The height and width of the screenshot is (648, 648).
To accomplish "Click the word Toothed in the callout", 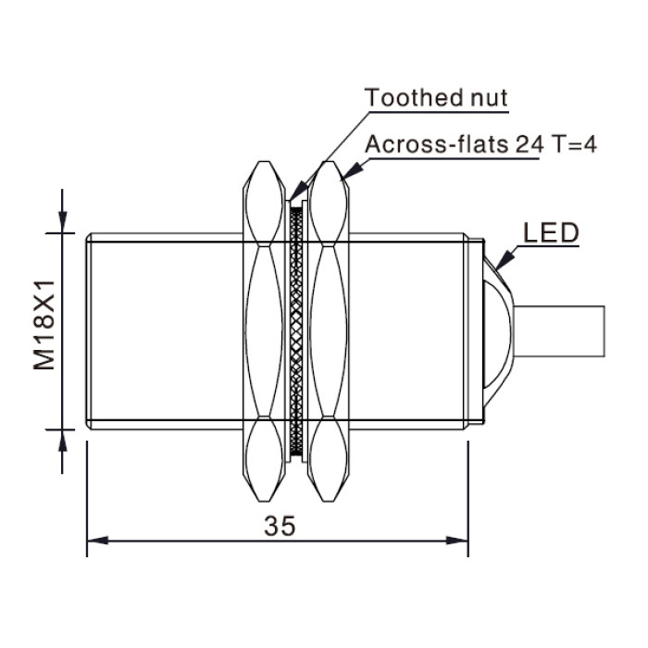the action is pos(414,97).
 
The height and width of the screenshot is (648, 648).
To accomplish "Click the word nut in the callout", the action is pos(489,98).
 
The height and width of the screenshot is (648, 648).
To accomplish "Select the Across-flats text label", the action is pos(437,144).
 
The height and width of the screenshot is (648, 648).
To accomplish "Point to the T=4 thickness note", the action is pos(575,144).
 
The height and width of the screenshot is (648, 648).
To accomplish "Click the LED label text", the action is pos(551,232).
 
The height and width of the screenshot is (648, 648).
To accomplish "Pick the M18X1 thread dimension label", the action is pos(44,325).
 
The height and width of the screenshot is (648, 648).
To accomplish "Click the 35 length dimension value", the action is pos(280,526).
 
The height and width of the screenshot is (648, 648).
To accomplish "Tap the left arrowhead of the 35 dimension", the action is pos(98,541).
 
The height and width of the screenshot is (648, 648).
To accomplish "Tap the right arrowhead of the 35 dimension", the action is pos(457,541).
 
